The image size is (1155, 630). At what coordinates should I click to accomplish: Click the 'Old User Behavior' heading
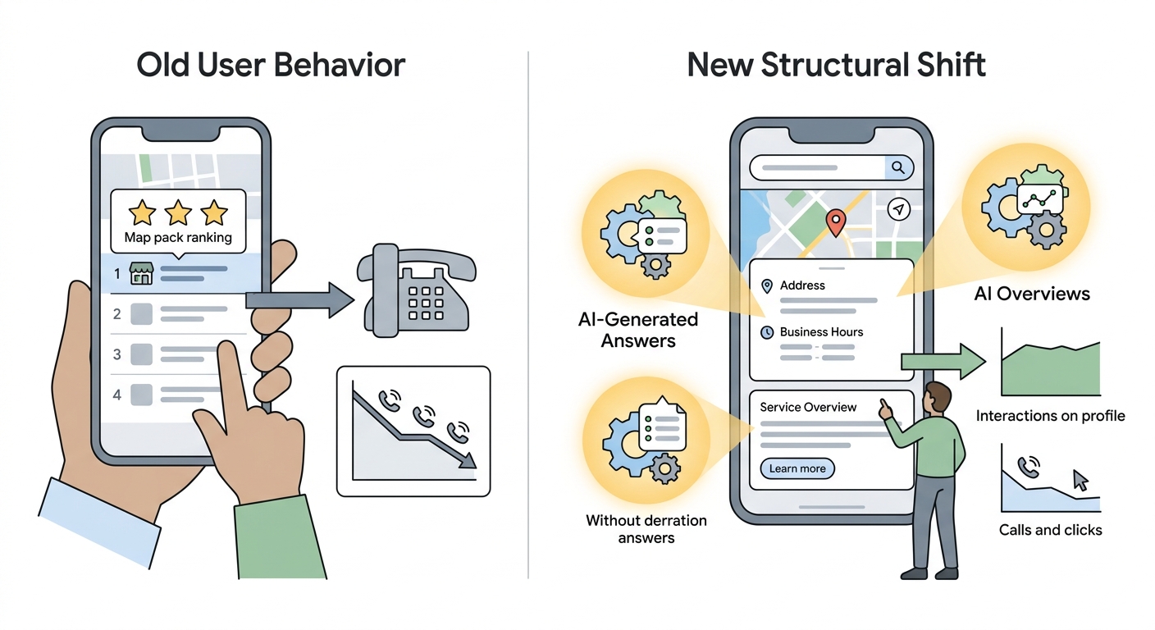tap(271, 65)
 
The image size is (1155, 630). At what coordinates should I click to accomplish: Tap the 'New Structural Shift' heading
tap(837, 65)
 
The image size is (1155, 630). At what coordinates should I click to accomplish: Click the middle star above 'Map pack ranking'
tap(178, 212)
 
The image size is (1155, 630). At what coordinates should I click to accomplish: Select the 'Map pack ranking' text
tap(178, 237)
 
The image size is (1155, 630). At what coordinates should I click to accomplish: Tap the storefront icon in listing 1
tap(141, 273)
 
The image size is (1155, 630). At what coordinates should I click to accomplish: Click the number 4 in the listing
tap(117, 395)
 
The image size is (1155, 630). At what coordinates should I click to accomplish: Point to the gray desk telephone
tap(416, 290)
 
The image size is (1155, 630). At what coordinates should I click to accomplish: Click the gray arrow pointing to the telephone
tap(299, 299)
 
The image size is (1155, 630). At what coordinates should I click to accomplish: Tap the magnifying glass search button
tap(898, 167)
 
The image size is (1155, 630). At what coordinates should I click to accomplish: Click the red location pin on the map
tap(836, 222)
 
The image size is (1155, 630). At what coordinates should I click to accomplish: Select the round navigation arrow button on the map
tap(899, 209)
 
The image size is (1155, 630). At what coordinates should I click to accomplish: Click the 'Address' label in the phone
tap(802, 285)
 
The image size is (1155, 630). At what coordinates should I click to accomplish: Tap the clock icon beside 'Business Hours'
tap(767, 332)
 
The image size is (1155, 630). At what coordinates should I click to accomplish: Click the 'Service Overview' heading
tap(808, 407)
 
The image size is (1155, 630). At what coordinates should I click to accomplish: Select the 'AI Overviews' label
tap(1032, 294)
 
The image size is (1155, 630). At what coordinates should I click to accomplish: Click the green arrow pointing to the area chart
tap(943, 362)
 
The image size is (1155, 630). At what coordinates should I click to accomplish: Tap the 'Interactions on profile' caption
tap(1050, 416)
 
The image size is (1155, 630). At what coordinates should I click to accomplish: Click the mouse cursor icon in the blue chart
tap(1080, 480)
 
